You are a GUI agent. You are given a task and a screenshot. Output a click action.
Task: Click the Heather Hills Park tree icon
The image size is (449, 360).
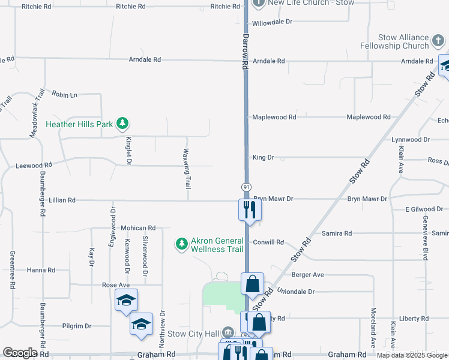coord(123,124)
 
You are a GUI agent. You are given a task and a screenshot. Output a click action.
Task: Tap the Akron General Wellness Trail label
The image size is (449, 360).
coord(217,245)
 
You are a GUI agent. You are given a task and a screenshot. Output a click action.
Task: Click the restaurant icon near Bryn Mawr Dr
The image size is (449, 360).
coord(249,209)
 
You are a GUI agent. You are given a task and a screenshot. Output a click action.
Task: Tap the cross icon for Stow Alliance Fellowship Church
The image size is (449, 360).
coord(439,41)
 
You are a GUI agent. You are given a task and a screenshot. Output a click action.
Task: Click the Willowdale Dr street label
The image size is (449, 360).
coord(271,22)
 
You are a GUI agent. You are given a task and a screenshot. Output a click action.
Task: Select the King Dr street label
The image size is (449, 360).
coord(263,157)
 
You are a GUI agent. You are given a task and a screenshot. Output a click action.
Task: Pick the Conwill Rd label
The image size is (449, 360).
coord(268,242)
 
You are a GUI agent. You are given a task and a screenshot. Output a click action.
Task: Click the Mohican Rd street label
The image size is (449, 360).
coord(138,228)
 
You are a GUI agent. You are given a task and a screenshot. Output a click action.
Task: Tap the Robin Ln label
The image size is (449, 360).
coord(65,95)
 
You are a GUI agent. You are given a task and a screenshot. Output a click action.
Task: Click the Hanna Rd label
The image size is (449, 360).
coord(41,270)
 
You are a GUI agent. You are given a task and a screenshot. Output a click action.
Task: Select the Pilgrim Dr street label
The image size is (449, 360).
coord(77,326)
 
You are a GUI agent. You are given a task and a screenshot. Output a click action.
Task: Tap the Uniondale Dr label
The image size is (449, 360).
coord(295,291)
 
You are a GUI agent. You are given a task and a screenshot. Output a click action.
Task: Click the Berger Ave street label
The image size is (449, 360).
coord(307,275)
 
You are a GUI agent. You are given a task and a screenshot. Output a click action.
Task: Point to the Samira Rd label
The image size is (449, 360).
coord(337,233)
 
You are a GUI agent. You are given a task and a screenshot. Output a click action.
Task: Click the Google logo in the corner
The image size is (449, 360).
coord(20,353)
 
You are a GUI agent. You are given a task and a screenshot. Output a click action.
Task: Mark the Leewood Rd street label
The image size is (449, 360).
coord(34,164)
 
